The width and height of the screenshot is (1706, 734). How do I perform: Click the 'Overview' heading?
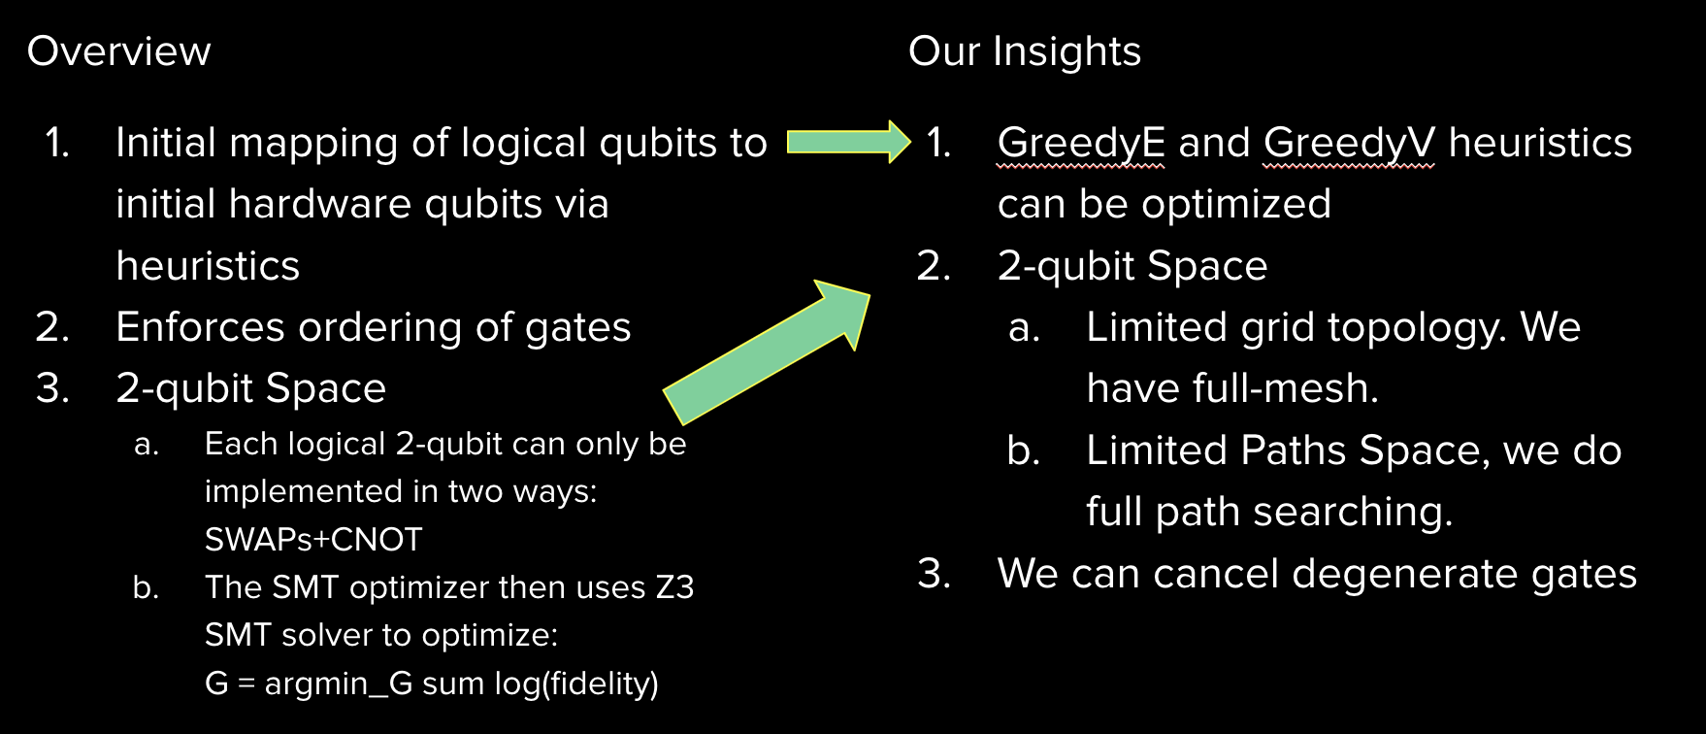118,51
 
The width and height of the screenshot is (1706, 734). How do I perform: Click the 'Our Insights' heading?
1024,51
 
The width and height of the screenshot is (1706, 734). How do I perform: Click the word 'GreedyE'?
1081,143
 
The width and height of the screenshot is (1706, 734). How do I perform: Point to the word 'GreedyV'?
1348,143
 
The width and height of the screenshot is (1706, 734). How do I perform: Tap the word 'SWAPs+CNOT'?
313,540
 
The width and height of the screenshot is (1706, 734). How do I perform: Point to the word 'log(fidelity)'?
576,684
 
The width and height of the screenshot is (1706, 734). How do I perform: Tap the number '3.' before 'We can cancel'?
934,574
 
